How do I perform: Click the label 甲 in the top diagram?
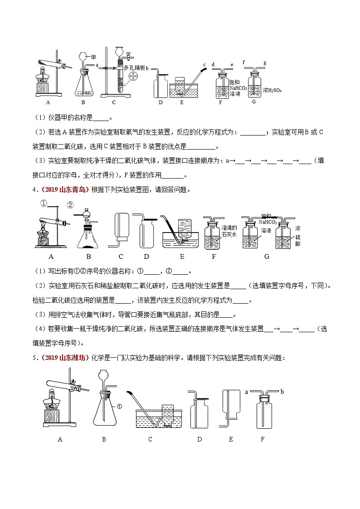click(x=94, y=57)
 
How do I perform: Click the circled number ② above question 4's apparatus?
click(x=70, y=205)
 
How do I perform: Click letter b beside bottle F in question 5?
click(x=282, y=391)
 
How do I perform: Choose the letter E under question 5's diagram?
click(x=231, y=439)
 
